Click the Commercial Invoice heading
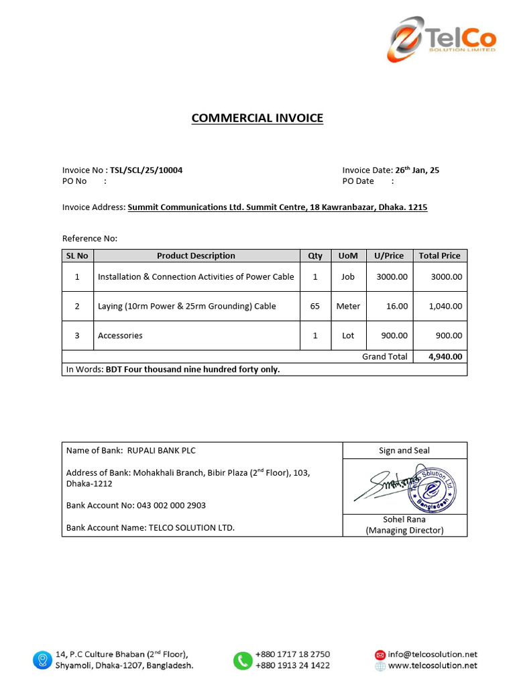257,118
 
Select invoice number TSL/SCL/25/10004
146,170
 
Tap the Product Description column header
196,256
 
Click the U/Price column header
389,256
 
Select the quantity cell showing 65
315,306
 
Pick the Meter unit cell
348,306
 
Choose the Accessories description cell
121,335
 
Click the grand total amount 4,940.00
445,356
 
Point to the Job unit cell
348,276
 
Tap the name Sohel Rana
404,519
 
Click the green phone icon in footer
241,660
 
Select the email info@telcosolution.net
432,654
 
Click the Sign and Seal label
404,451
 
